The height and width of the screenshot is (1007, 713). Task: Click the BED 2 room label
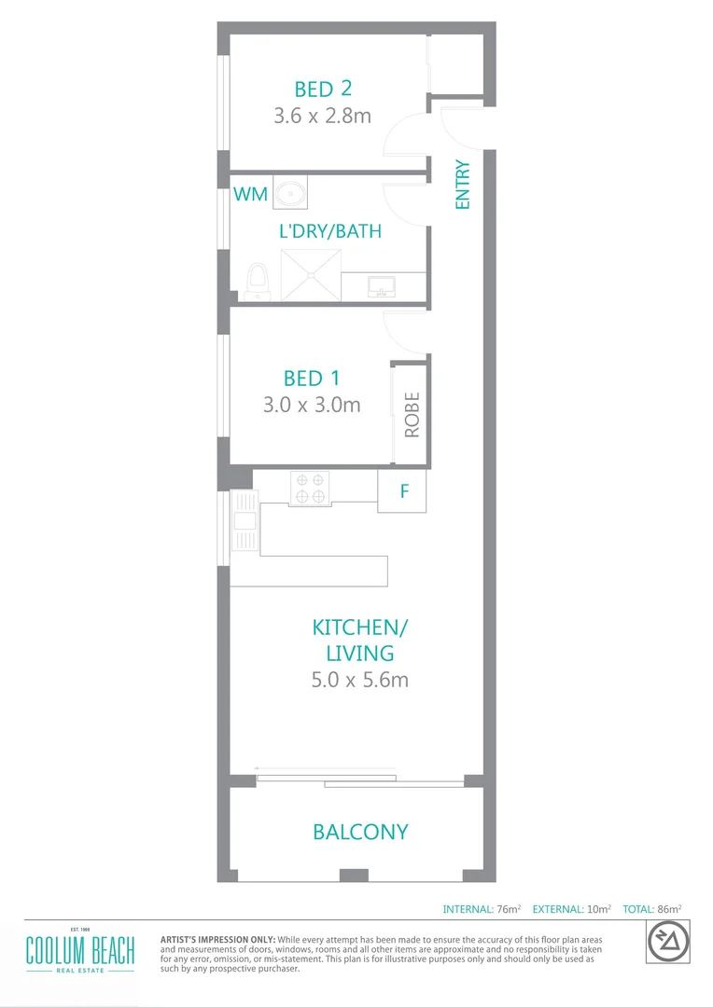323,90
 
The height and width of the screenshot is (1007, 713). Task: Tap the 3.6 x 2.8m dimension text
323,117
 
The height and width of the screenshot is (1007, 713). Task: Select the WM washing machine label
249,194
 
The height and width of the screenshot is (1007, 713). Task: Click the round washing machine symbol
290,193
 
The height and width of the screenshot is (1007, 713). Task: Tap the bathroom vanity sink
383,284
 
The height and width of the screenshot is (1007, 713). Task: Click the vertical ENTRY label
462,185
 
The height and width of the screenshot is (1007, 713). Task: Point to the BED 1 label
312,379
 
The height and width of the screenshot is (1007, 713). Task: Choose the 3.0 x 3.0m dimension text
312,406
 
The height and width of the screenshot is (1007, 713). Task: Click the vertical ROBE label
412,415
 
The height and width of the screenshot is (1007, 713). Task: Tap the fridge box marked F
403,490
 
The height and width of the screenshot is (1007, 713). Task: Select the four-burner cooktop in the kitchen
310,488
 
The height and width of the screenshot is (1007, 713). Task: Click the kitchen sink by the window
245,531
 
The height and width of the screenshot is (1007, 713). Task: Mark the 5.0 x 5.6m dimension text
359,680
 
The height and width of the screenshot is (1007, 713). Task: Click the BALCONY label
360,832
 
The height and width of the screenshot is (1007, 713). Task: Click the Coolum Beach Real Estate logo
79,952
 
